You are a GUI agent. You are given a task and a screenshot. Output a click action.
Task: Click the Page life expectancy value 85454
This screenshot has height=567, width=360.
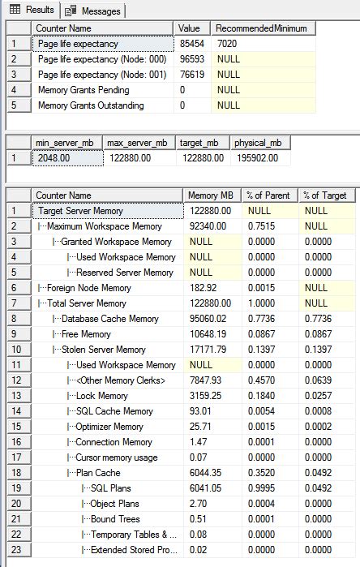tap(192, 43)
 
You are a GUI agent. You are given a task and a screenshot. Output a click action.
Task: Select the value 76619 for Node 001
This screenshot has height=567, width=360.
tap(192, 74)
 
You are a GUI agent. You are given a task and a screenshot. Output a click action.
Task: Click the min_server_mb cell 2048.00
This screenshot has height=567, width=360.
tap(55, 159)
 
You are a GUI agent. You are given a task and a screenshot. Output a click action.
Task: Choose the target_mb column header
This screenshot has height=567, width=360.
tap(197, 144)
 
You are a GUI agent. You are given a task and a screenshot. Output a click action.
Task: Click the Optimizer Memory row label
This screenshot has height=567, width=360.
tap(109, 427)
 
